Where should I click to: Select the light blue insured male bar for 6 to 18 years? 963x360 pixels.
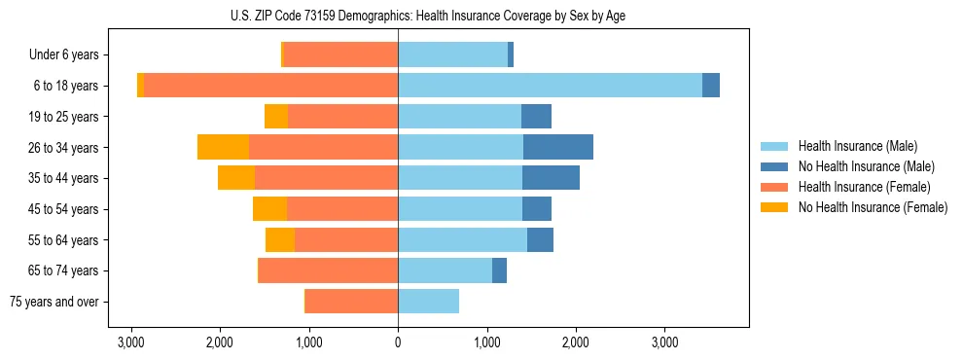pos(550,86)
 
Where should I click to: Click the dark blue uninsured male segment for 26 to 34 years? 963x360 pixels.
pos(558,147)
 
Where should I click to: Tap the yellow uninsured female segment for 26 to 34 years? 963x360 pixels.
pos(223,147)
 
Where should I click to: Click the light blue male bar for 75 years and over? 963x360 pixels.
pos(428,301)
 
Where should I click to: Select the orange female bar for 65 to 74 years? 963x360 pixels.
pos(328,270)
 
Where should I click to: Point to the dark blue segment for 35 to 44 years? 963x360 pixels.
pos(551,178)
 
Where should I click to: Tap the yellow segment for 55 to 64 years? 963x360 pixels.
pos(280,239)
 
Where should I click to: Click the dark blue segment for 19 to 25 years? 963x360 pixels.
pos(536,117)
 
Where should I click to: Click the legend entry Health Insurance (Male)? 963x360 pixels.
pos(857,146)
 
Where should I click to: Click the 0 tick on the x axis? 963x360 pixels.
pos(398,342)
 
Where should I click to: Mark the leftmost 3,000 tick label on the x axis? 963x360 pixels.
pos(130,342)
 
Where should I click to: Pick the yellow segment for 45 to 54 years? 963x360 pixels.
pos(269,209)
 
